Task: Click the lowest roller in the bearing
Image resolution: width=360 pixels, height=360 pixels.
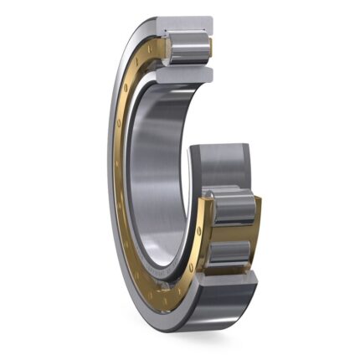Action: point(231,252)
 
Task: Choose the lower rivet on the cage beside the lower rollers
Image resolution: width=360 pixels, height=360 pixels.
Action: point(200,249)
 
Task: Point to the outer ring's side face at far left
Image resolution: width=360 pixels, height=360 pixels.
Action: point(111,167)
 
